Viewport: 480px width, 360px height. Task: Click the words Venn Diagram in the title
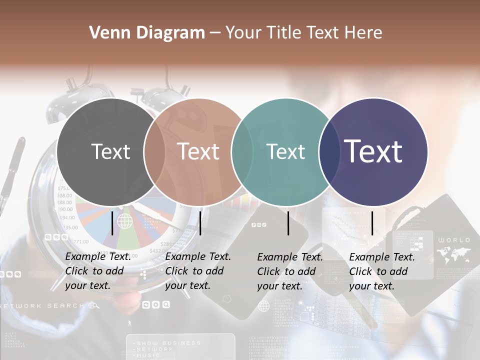pos(147,33)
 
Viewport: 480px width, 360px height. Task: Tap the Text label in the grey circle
pos(110,151)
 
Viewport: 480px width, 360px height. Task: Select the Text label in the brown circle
pos(198,151)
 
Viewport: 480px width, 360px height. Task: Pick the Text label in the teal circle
pos(285,151)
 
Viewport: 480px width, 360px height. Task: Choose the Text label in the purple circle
pos(373,151)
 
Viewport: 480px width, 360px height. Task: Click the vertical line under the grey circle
pos(112,223)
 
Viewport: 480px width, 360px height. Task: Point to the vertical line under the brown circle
pos(200,223)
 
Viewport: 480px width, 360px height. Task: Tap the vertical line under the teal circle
pos(288,223)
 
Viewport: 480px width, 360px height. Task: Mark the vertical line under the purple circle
pos(372,223)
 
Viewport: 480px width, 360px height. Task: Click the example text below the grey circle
pos(98,271)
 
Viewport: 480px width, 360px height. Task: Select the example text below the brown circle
pos(198,271)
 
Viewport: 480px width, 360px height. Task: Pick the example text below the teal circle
pos(290,271)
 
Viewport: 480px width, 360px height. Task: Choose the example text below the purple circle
pos(382,271)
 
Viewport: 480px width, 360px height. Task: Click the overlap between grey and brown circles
pos(154,151)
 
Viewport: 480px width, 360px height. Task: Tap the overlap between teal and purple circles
pos(329,151)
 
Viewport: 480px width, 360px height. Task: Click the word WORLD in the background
pos(454,240)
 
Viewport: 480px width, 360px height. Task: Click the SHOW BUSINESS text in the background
pos(168,343)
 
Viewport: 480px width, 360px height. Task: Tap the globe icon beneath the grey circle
pos(124,220)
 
